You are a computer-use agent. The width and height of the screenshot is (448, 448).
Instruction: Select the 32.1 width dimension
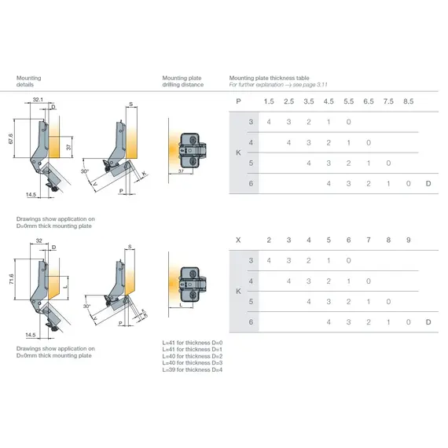[x=38, y=100]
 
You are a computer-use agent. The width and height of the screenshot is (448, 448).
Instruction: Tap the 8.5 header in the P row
[x=408, y=101]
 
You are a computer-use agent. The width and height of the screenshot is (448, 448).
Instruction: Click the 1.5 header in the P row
[x=269, y=101]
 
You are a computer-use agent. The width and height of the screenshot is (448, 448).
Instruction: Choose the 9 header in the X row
[x=408, y=239]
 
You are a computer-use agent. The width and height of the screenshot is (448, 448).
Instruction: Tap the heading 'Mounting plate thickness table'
[x=268, y=79]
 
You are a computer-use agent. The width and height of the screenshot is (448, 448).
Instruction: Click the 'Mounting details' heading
[x=29, y=82]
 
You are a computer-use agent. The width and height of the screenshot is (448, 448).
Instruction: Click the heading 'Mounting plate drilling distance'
[x=182, y=82]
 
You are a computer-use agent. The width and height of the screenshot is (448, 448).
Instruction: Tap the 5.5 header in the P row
[x=348, y=101]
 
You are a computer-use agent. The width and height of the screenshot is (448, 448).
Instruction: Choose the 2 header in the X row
[x=269, y=239]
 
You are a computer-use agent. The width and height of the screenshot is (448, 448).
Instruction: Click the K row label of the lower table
[x=238, y=291]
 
